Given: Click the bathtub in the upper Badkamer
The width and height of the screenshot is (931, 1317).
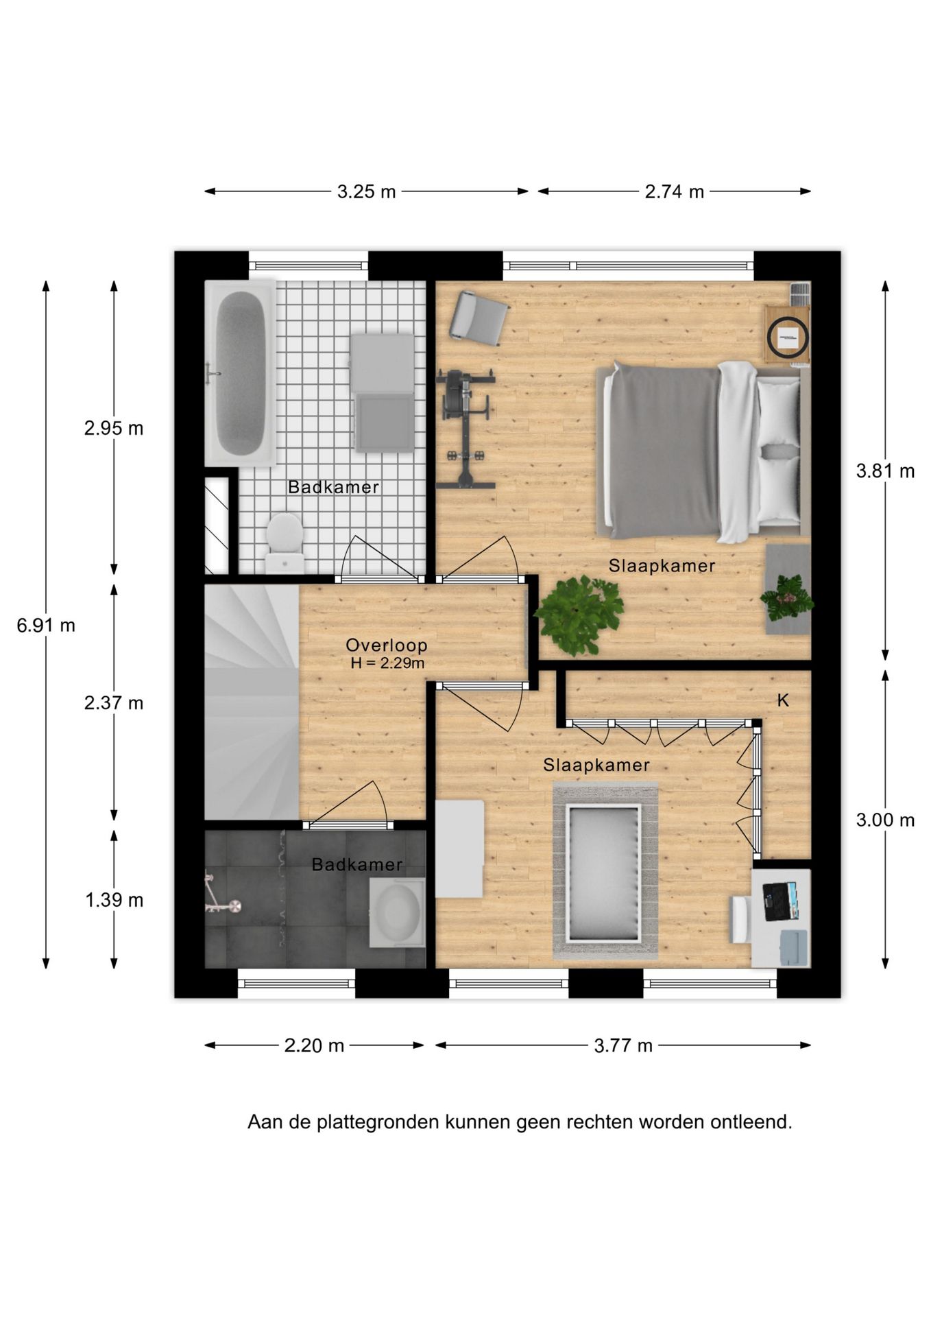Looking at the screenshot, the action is (x=240, y=373).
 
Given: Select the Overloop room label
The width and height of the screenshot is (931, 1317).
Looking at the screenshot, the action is (x=387, y=645).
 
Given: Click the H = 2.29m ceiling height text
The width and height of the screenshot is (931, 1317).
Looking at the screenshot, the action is (x=387, y=663).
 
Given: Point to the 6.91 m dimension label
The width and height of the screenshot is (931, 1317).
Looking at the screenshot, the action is (x=46, y=625).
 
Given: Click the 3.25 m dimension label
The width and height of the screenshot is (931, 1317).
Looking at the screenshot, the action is (x=366, y=192).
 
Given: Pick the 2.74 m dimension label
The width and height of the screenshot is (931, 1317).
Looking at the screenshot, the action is (x=674, y=192).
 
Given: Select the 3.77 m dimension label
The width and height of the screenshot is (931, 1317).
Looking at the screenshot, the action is (x=623, y=1045).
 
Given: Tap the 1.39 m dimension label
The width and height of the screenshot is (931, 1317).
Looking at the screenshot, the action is (x=114, y=900).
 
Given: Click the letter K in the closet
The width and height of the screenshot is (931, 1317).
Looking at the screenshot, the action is (x=783, y=700).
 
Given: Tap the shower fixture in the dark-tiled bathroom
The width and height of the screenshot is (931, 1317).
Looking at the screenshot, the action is (x=221, y=894).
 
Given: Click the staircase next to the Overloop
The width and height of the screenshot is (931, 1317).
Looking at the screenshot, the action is (x=252, y=701).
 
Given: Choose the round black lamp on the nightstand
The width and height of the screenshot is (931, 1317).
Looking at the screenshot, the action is (x=788, y=336).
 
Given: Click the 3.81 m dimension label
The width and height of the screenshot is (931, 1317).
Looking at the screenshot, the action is (x=885, y=471).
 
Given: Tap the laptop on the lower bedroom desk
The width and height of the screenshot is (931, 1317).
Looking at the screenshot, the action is (x=780, y=901).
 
